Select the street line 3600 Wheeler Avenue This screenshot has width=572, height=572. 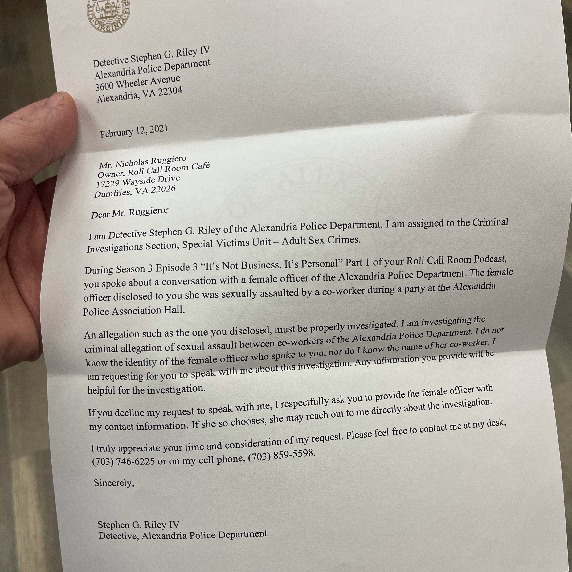coord(138,83)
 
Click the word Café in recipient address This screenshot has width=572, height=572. coord(200,166)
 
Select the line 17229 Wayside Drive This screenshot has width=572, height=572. coord(138,181)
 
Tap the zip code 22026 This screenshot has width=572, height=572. coord(163,190)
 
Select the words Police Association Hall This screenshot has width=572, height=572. coord(134,311)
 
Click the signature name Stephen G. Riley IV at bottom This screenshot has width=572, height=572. coord(139,525)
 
